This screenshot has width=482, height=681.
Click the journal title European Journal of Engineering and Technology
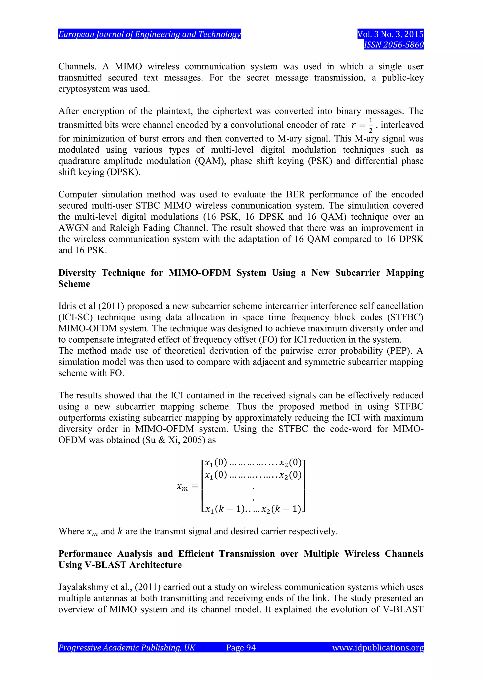[x=149, y=34]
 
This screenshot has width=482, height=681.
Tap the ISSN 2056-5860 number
[x=394, y=45]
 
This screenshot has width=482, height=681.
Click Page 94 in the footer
[x=241, y=647]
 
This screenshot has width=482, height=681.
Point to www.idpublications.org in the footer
[x=378, y=647]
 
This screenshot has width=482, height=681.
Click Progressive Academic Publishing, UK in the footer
[x=126, y=647]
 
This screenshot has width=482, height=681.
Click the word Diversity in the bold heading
[x=77, y=273]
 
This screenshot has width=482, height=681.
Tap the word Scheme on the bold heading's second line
[x=74, y=284]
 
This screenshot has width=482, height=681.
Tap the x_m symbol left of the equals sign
[x=182, y=487]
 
